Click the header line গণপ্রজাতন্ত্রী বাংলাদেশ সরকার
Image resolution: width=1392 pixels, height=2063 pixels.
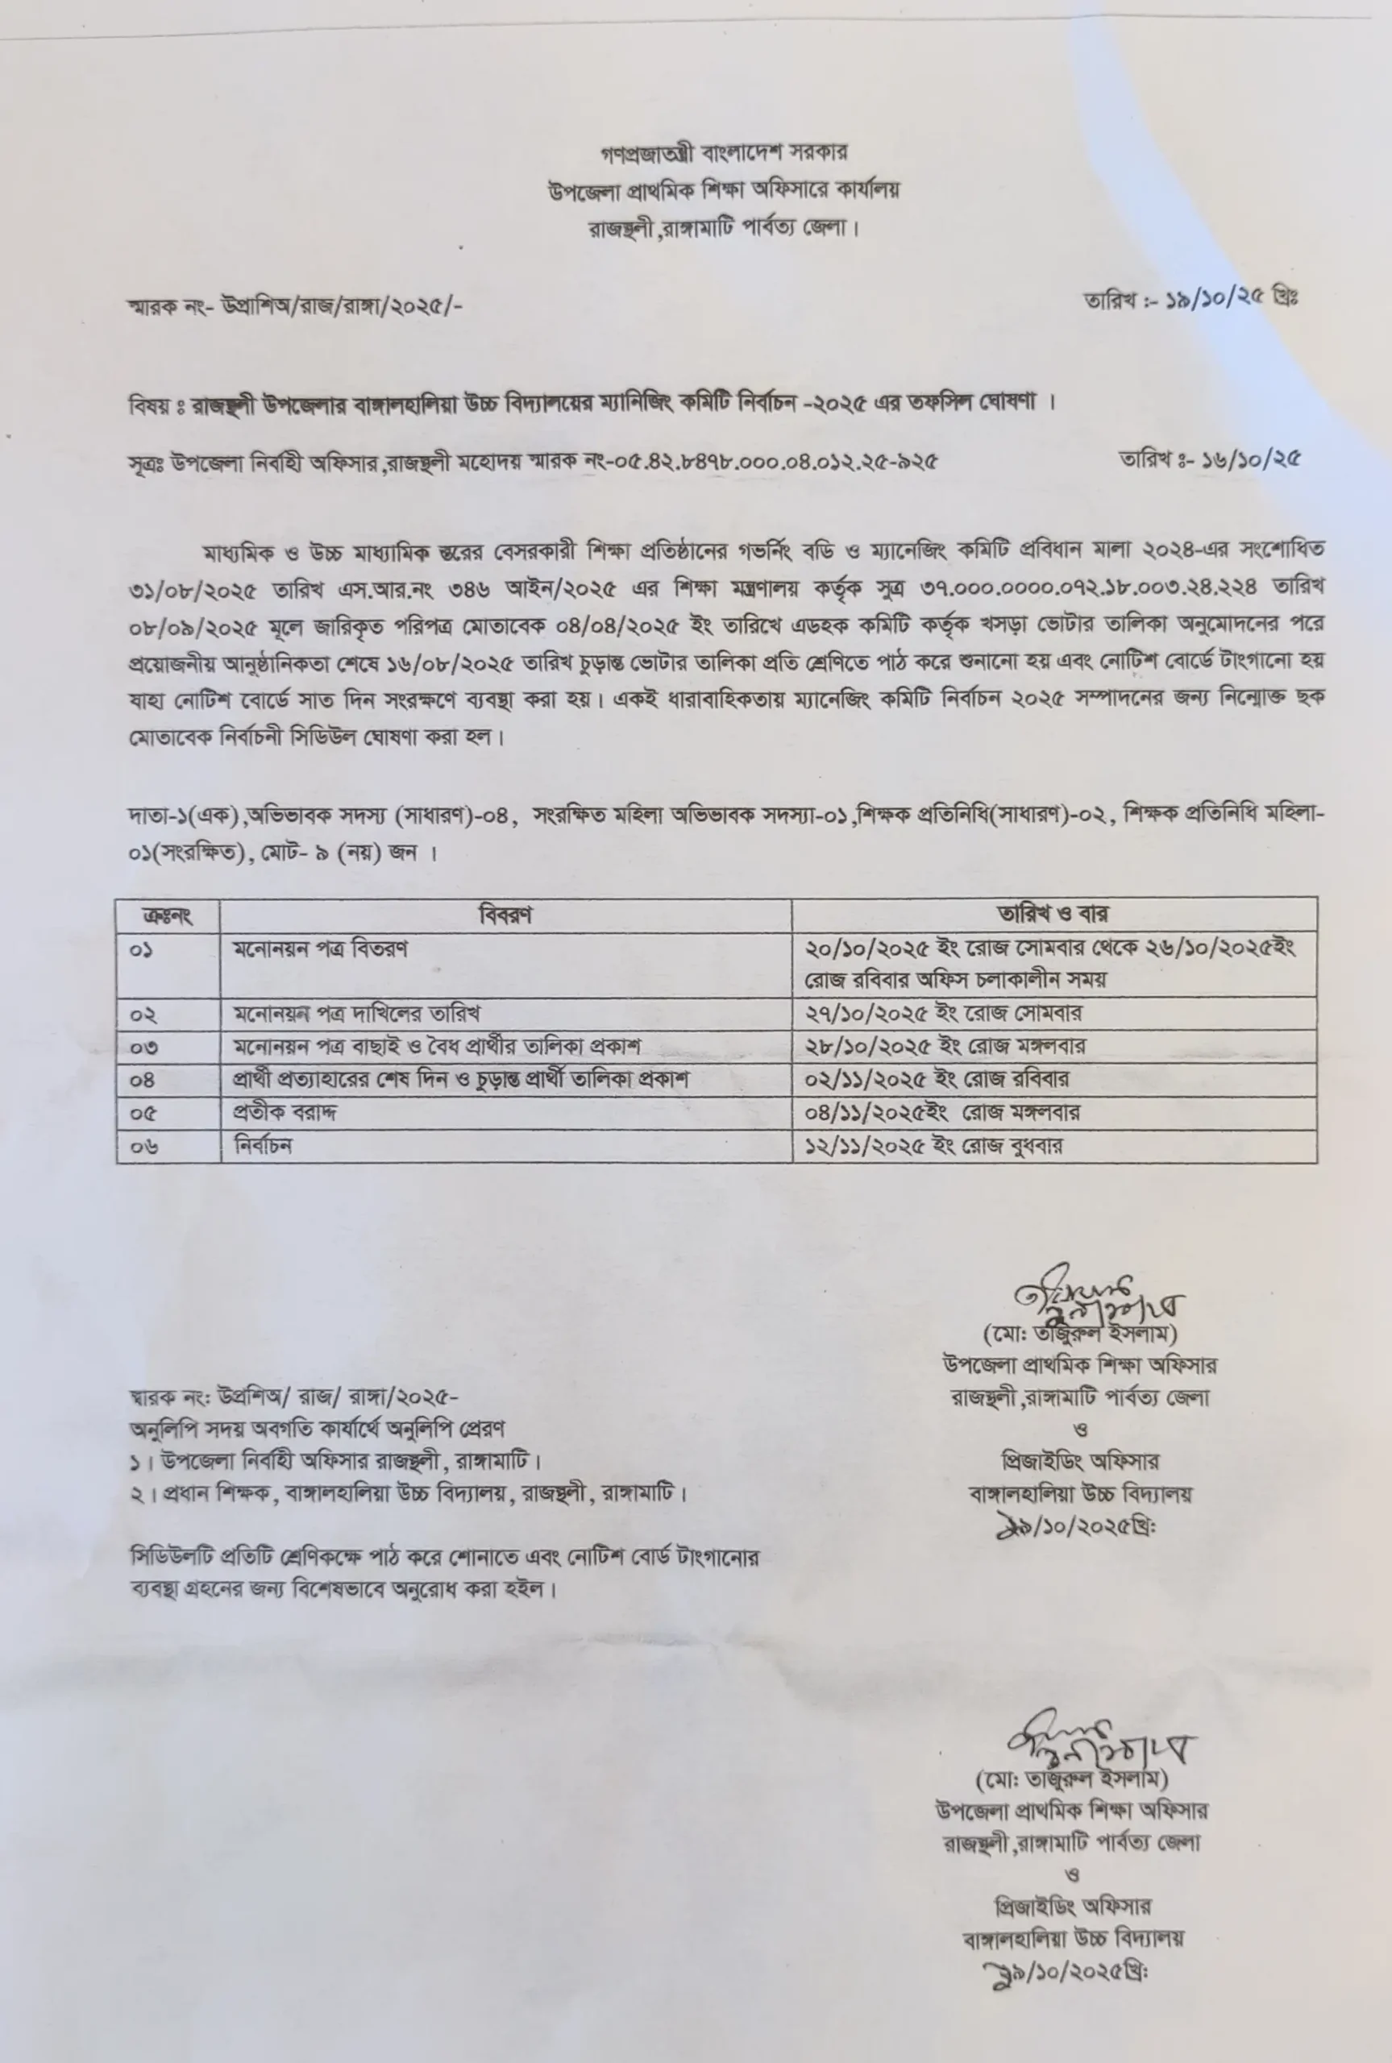pyautogui.click(x=724, y=152)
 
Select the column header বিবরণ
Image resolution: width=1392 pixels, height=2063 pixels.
pyautogui.click(x=505, y=915)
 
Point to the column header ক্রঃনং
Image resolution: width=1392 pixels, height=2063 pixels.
pyautogui.click(x=167, y=915)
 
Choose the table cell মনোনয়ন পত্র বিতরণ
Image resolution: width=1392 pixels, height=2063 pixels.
pyautogui.click(x=321, y=949)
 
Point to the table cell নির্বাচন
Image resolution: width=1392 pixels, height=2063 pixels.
pyautogui.click(x=263, y=1145)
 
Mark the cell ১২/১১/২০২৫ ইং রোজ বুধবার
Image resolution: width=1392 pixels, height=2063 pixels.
pyautogui.click(x=933, y=1145)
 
